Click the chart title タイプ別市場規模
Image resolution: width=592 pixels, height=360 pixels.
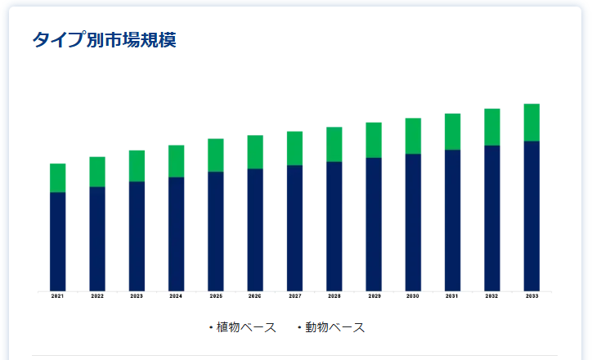tap(104, 39)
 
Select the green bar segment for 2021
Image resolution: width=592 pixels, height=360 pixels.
tap(57, 178)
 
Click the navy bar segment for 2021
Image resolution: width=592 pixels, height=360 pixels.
tap(57, 241)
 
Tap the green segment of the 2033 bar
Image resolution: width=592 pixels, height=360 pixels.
tap(531, 123)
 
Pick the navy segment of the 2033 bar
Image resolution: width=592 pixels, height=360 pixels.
tap(531, 216)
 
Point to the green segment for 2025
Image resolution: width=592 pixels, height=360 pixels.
tap(216, 155)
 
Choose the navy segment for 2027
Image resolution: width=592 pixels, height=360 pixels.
tap(294, 228)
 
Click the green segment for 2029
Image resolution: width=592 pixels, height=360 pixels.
tap(374, 140)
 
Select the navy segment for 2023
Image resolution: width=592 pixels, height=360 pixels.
tap(137, 236)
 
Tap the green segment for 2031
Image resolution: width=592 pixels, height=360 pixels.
tap(452, 132)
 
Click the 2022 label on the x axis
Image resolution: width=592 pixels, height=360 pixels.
tap(97, 296)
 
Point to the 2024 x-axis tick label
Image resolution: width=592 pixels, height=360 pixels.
tap(176, 296)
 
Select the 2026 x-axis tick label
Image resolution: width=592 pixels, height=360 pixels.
tap(255, 296)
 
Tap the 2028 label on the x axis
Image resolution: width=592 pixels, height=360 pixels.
tap(334, 296)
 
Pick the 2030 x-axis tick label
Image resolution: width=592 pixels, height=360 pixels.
tap(413, 296)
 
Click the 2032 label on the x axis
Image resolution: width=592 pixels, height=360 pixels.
tap(492, 296)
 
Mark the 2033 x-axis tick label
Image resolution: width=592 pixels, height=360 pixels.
tap(531, 296)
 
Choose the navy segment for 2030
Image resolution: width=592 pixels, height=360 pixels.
tap(413, 223)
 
